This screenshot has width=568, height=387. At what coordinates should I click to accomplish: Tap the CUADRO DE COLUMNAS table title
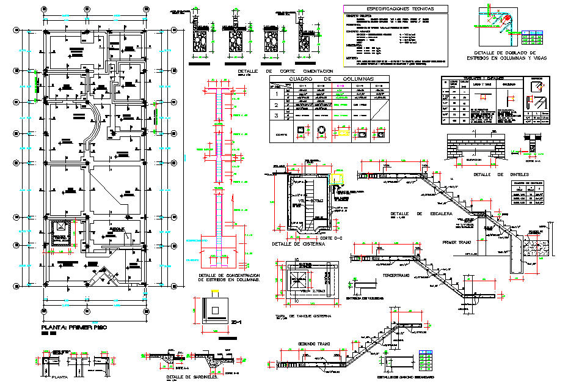coord(329,79)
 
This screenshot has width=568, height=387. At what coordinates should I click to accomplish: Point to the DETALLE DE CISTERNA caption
coord(296,245)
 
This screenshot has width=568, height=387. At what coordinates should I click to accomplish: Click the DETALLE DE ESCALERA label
coord(421,214)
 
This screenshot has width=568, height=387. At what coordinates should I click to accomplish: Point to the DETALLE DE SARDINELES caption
coord(188,377)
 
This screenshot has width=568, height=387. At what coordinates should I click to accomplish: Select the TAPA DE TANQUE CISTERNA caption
coord(299,315)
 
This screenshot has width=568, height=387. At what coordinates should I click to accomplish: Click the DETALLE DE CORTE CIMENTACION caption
coord(286,72)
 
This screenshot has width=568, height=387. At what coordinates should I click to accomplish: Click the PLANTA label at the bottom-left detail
coord(60,377)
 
